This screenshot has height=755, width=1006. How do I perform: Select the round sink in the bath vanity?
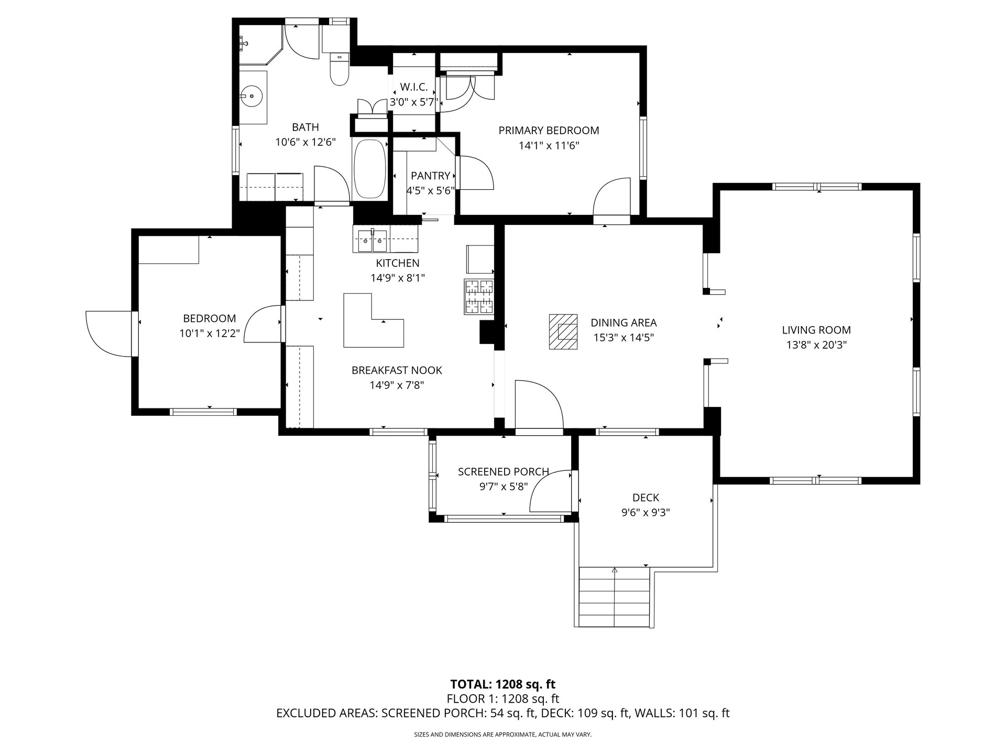point(253,96)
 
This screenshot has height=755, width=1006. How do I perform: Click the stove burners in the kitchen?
point(479,297)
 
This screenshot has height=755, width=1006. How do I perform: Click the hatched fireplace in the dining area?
point(563,331)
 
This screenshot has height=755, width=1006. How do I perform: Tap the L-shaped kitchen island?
point(374,320)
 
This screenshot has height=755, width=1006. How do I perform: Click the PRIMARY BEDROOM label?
point(549,130)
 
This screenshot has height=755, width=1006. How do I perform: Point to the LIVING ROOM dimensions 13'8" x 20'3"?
point(816,345)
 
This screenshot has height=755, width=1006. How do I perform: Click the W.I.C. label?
point(414,87)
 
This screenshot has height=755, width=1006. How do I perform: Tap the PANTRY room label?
point(430,176)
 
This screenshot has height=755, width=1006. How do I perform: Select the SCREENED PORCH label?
point(504,472)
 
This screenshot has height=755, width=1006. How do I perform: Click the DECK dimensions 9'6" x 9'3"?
point(646,512)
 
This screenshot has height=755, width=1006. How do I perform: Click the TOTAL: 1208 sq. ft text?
point(503,684)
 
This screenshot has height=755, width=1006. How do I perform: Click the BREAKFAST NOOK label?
point(397,370)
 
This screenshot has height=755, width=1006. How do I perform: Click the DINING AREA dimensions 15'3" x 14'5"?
point(624,338)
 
